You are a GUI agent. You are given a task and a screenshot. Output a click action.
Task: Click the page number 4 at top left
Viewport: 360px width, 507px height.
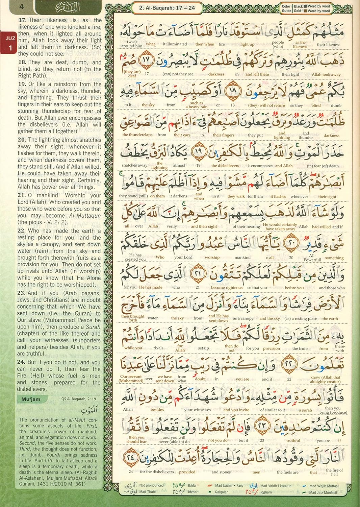click(x=22, y=6)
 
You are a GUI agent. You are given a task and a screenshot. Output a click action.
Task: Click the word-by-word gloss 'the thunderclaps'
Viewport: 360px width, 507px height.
click(x=137, y=135)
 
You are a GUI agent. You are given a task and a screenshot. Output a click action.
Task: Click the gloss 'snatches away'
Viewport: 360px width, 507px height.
click(x=134, y=165)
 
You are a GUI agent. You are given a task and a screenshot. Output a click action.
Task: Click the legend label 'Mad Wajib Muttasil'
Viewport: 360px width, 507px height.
click(x=324, y=486)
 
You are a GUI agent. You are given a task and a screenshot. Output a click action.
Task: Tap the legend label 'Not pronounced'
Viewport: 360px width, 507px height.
click(x=151, y=485)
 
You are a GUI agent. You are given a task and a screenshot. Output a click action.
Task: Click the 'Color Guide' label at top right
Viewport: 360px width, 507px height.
click(x=286, y=8)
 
